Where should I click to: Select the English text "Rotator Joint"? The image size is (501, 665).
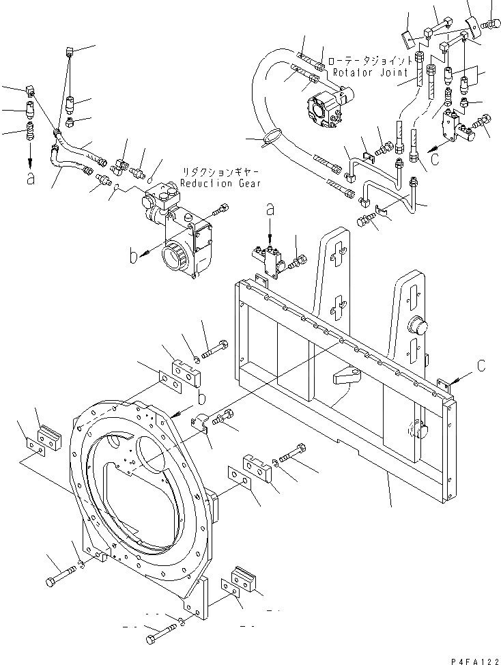[x=372, y=72]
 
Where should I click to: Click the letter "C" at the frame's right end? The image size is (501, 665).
[x=482, y=367]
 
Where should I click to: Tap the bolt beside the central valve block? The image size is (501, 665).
[x=300, y=259]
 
